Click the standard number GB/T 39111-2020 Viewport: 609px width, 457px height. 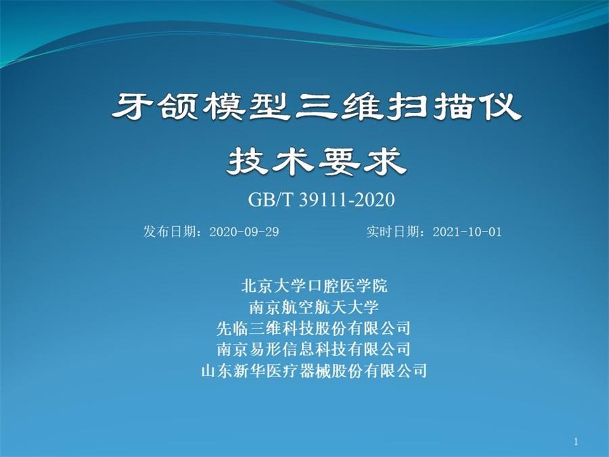(321, 200)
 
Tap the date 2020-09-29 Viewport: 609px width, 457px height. (244, 232)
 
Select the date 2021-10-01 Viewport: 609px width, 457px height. (467, 232)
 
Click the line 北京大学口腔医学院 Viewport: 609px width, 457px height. (314, 286)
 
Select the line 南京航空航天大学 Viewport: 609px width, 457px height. (314, 307)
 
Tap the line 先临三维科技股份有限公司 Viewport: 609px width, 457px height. (314, 328)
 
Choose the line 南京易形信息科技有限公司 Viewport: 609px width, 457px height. (314, 349)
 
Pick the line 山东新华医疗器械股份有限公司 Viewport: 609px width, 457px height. (314, 370)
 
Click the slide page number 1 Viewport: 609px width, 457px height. (576, 441)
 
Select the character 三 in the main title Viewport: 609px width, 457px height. (316, 106)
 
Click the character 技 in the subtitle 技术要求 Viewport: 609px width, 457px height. (248, 161)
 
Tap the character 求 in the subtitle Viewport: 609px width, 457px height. (385, 161)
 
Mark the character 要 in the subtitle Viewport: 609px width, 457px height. (340, 161)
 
